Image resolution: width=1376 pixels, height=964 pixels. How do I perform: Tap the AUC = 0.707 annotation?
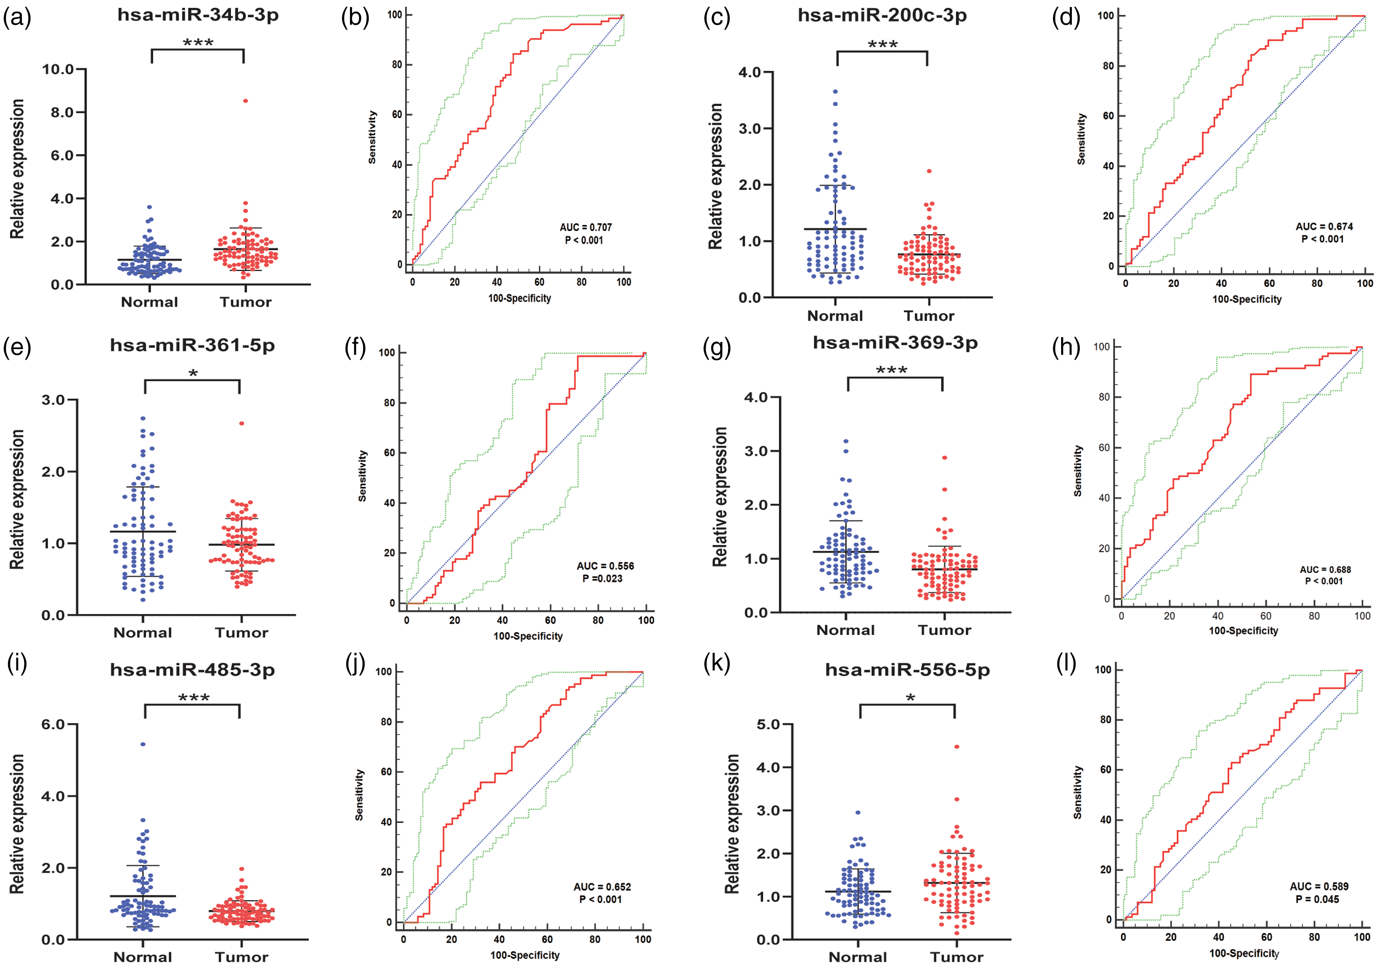tap(586, 227)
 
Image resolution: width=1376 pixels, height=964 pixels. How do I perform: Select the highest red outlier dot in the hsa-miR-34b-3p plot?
tap(245, 101)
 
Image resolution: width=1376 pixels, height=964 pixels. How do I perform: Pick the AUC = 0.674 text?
tap(1324, 226)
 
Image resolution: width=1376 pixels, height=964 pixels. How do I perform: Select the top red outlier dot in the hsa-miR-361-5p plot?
tap(241, 423)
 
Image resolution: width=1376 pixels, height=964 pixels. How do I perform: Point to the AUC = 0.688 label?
tap(1325, 569)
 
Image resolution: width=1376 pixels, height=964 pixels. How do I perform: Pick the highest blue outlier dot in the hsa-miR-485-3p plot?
tap(143, 744)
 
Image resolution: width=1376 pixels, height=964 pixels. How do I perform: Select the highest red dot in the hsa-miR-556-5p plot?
tap(957, 746)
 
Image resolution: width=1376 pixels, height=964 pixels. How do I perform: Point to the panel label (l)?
tap(1066, 663)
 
